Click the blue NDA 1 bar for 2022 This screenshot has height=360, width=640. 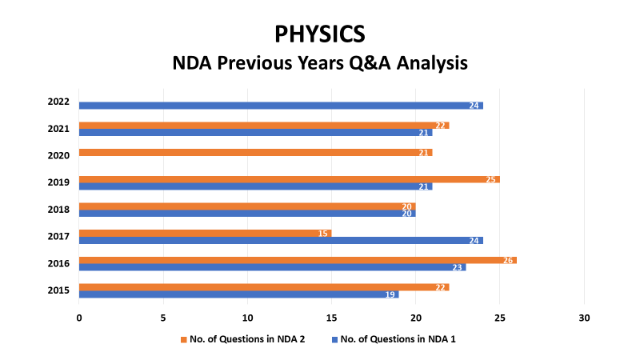(x=281, y=106)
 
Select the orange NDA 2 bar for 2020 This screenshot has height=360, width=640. (x=255, y=152)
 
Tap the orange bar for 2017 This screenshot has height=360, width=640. (x=205, y=233)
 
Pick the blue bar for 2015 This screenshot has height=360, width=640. (x=238, y=294)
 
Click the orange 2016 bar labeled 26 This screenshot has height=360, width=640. (x=298, y=260)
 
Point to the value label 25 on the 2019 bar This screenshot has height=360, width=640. (x=490, y=179)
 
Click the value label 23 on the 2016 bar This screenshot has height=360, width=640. (x=457, y=267)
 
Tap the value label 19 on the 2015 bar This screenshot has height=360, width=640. (x=390, y=294)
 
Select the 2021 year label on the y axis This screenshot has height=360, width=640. (x=58, y=129)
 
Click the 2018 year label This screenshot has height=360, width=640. (x=58, y=210)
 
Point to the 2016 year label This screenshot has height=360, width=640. (x=58, y=264)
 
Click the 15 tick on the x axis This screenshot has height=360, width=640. (x=331, y=318)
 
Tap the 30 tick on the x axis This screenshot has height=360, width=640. (x=584, y=318)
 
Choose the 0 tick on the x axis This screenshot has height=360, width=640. (x=78, y=318)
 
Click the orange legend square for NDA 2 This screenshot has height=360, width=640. (x=184, y=339)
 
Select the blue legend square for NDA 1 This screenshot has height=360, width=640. (x=334, y=339)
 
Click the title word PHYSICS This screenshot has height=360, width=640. (x=320, y=34)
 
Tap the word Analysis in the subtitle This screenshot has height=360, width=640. (x=432, y=63)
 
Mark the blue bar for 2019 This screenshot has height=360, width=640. (x=255, y=186)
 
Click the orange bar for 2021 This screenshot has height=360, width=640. (x=264, y=126)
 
